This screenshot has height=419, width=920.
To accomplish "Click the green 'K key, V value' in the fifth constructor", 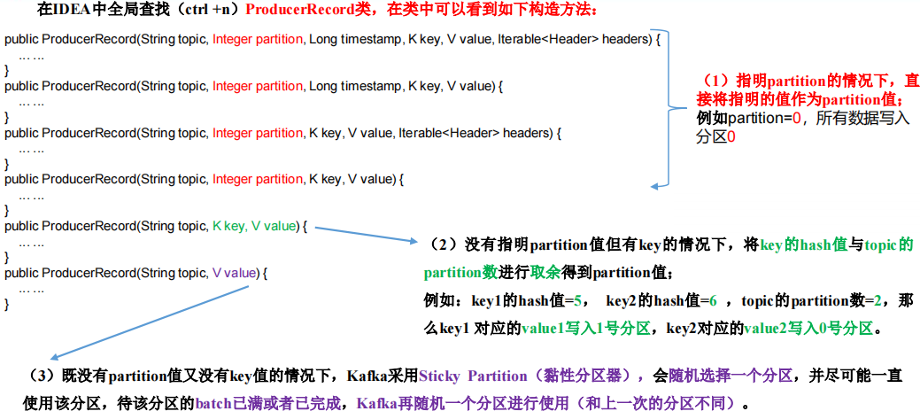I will pos(254,226).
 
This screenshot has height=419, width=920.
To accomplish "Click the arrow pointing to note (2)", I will pos(363,235).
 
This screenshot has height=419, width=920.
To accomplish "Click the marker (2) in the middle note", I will pos(438,244).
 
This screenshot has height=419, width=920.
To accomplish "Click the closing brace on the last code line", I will pos(7,304).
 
